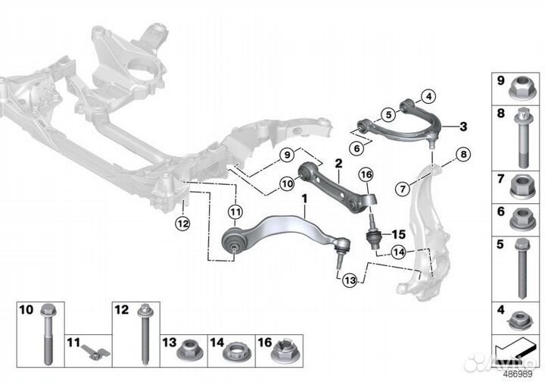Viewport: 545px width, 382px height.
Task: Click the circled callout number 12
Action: [183, 224]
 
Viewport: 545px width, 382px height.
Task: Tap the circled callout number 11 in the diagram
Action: [235, 211]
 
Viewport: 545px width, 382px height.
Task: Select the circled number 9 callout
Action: [287, 155]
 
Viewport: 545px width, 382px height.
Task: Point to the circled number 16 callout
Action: [366, 174]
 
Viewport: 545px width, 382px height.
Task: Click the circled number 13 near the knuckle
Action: [350, 280]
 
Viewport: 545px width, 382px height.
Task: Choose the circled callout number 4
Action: [429, 96]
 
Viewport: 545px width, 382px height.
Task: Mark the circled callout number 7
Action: [403, 189]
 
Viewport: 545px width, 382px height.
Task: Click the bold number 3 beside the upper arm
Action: [463, 127]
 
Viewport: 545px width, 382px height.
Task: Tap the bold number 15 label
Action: [399, 234]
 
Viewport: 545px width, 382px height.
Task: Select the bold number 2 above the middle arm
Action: [338, 163]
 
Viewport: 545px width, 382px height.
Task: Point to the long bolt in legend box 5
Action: [522, 269]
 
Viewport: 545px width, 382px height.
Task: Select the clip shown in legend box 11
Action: [95, 352]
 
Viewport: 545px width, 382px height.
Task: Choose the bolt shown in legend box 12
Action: [145, 335]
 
